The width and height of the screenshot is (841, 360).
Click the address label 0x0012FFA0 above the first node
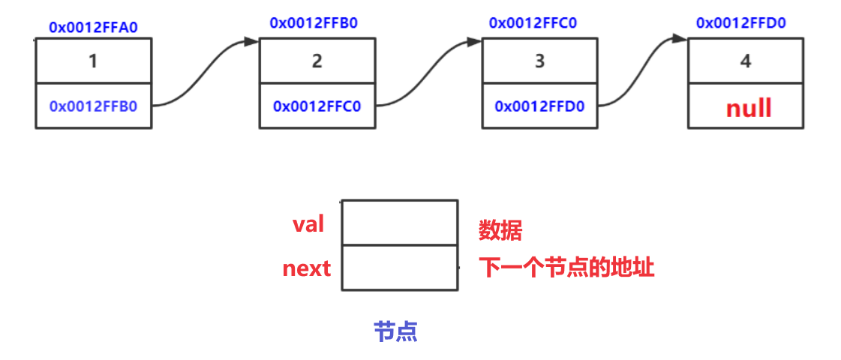pos(93,28)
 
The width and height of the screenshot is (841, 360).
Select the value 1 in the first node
pos(93,61)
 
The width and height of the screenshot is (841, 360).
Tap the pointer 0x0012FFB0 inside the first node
pos(93,106)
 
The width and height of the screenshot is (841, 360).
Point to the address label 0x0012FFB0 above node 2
pos(314,22)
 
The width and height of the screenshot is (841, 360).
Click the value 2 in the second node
pos(317,61)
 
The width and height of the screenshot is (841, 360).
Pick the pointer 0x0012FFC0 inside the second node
pos(317,106)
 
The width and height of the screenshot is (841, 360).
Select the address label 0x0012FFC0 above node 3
pos(533,22)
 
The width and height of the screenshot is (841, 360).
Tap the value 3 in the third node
pos(539,61)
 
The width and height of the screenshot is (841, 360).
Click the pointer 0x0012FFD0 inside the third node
pos(539,106)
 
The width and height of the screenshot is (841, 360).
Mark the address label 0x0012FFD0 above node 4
pos(740,22)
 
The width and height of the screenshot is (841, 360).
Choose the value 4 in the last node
pos(745,61)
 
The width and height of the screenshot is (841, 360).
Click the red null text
pos(748,108)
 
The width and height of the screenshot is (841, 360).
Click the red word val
pos(308,223)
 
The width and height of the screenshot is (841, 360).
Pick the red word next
pos(306,268)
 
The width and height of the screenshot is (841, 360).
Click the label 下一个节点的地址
pos(566,268)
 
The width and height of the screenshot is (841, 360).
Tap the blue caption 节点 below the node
pos(395,331)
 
